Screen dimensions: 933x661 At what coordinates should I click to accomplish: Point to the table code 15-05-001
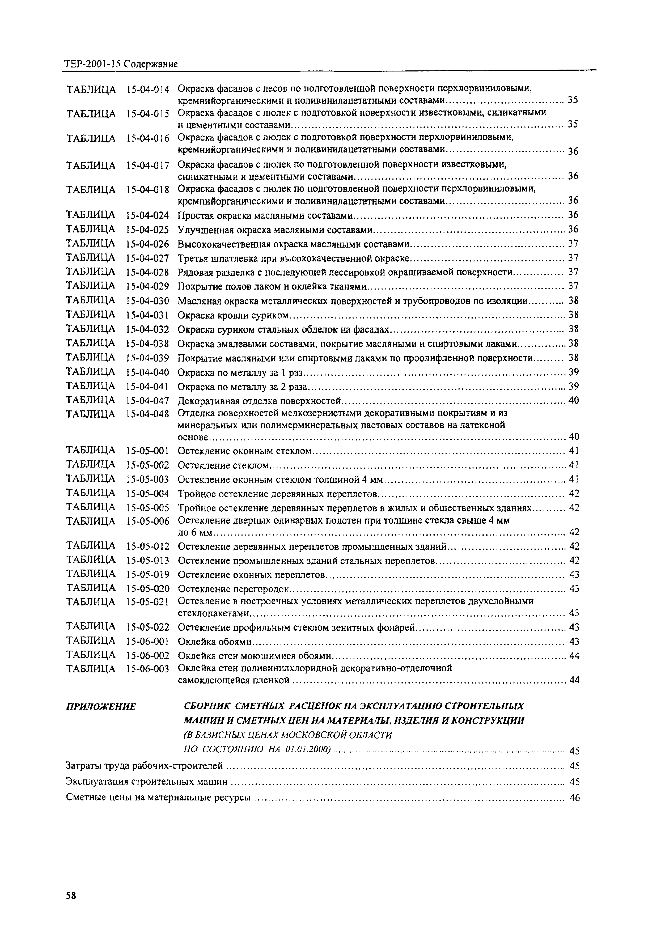point(147,451)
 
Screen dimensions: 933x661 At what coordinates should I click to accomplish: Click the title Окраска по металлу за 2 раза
point(243,387)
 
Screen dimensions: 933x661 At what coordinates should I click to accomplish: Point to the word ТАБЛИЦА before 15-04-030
point(90,300)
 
